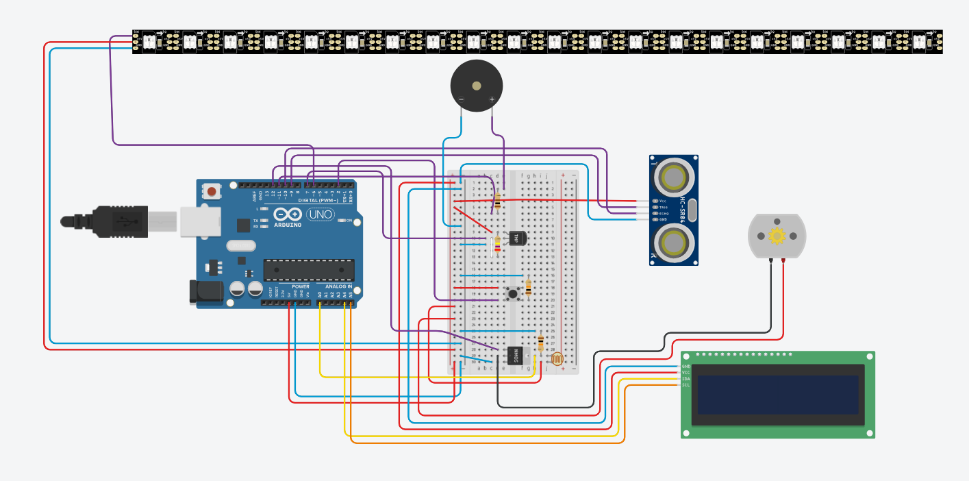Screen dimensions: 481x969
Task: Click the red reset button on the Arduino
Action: [212, 192]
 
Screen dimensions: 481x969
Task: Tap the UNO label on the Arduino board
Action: [320, 214]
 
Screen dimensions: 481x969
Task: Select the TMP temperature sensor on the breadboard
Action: [518, 238]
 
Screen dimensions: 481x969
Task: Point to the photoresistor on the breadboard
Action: [556, 358]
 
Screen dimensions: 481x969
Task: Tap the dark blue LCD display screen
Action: [778, 395]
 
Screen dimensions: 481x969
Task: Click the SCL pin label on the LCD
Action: [685, 385]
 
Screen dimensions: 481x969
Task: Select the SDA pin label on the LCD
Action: [685, 379]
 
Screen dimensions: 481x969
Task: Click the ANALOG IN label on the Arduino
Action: [338, 286]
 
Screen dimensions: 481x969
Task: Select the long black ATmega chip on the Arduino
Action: [309, 270]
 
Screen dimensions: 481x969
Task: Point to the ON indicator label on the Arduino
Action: [349, 221]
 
